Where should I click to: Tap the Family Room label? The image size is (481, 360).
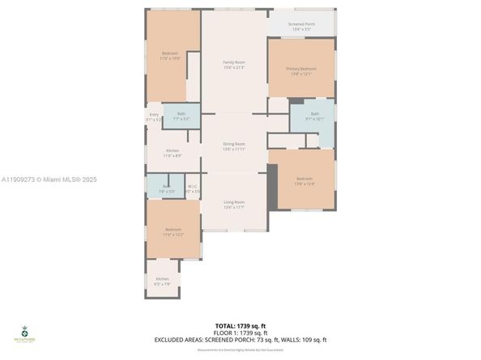click(x=234, y=64)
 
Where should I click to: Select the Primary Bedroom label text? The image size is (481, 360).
click(x=300, y=71)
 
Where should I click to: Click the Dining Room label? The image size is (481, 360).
click(x=234, y=146)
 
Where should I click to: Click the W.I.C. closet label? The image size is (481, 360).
click(x=192, y=188)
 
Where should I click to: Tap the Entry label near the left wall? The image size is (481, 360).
click(x=154, y=116)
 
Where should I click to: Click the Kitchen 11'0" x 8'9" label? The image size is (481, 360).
click(x=172, y=152)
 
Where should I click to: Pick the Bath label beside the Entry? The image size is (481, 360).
click(x=181, y=116)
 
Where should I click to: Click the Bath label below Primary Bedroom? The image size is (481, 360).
click(x=314, y=116)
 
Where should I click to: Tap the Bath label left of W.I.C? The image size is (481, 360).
click(x=166, y=188)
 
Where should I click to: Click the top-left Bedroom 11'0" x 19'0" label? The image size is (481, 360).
click(x=170, y=56)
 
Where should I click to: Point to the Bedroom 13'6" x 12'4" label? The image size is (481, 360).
click(x=304, y=180)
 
